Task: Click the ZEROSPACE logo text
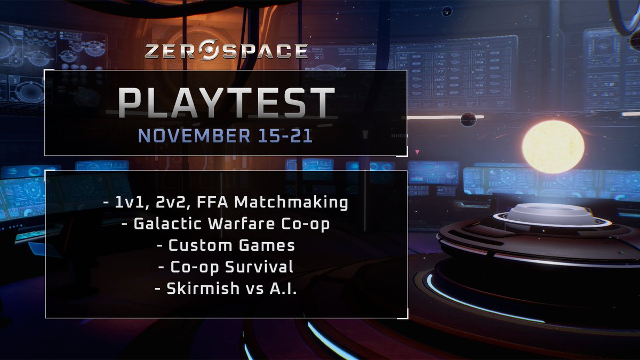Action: point(226,51)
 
